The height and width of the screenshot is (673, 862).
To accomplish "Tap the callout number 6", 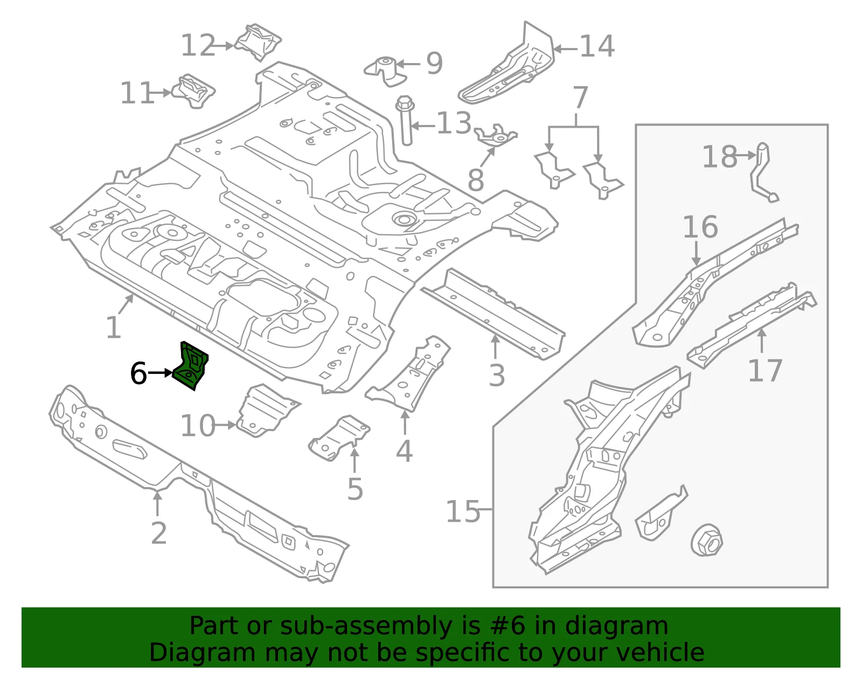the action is (x=138, y=373).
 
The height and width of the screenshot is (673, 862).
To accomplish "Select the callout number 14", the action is (x=597, y=46).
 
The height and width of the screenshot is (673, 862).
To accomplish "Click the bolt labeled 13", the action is (x=405, y=120).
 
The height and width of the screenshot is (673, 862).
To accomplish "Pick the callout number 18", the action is (x=719, y=157).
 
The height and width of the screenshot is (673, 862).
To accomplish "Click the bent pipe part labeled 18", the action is (x=763, y=173).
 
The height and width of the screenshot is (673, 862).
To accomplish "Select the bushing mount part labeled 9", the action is (x=385, y=71).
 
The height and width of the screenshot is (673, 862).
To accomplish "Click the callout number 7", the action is (x=580, y=97).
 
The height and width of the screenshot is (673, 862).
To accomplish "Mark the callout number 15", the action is (x=463, y=511).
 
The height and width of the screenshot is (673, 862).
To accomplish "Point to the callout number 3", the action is (x=497, y=375).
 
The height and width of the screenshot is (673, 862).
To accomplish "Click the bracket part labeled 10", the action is (x=267, y=411).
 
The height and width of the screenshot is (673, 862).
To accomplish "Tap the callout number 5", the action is (x=355, y=489).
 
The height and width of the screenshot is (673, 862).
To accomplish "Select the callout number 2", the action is (x=159, y=533).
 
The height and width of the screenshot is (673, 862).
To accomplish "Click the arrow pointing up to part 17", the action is (x=762, y=341).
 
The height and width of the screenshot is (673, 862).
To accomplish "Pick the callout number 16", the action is (x=700, y=227).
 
